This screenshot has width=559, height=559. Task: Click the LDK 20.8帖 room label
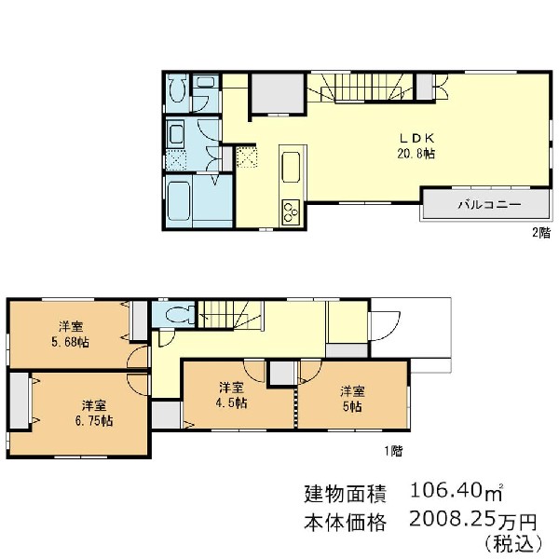(x=416, y=146)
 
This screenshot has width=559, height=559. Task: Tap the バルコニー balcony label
(x=489, y=205)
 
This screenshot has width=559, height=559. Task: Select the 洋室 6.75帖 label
(x=94, y=413)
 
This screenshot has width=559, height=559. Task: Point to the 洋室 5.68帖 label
(x=71, y=334)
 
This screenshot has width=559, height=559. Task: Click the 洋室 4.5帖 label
(x=231, y=395)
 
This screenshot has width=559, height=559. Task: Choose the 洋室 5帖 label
(x=352, y=398)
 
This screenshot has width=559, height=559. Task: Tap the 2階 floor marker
(x=541, y=233)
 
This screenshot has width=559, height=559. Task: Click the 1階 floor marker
(x=393, y=451)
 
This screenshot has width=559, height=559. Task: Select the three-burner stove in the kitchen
(x=291, y=211)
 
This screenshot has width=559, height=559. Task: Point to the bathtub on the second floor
(x=178, y=200)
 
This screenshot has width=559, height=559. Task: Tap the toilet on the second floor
(x=177, y=89)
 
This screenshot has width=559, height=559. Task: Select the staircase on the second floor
(x=361, y=88)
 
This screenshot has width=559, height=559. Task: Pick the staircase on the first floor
(x=231, y=315)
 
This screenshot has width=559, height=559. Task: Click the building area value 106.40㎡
(x=457, y=491)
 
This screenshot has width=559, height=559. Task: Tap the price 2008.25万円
(x=473, y=521)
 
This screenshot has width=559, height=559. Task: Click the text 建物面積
(x=345, y=493)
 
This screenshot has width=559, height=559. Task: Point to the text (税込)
(x=513, y=544)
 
